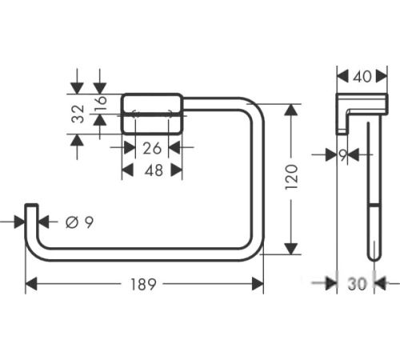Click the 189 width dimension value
point(143,284)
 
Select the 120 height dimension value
point(291,178)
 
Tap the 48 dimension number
point(154,170)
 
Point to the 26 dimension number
point(152,148)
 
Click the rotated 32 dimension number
point(78,114)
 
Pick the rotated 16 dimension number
point(102,102)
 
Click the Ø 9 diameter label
point(80,222)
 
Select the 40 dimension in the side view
point(362,77)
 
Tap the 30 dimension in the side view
point(357,284)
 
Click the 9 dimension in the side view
point(343,154)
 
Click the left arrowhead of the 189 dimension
point(31,284)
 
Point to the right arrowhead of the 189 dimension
point(258,284)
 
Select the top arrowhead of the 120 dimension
point(291,110)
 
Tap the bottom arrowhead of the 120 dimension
point(291,249)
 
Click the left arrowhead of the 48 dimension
point(127,170)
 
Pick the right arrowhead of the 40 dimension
point(382,77)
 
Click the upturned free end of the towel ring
point(31,205)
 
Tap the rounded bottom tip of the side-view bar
point(374,258)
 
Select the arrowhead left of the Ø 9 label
point(20,222)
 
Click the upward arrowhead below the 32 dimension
point(77,140)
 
